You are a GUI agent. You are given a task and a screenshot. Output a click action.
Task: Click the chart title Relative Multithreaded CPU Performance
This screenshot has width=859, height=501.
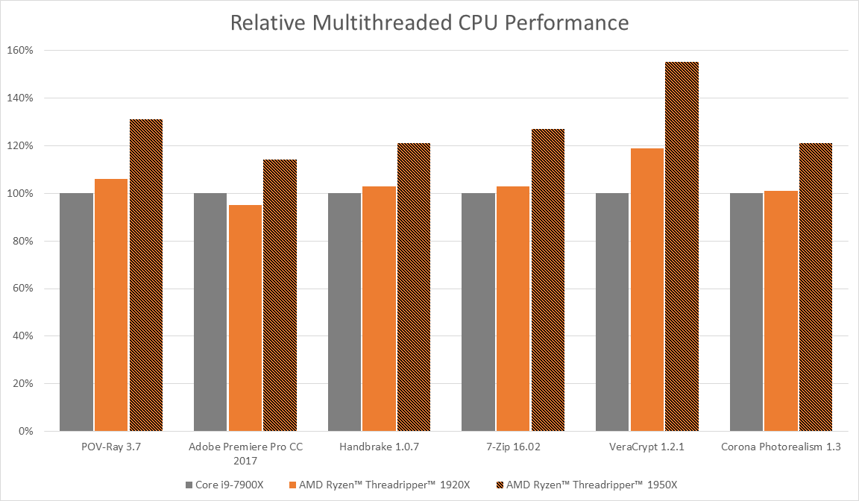tap(429, 22)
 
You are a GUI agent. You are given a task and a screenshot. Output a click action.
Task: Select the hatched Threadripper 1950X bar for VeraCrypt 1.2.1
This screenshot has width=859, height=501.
tap(682, 246)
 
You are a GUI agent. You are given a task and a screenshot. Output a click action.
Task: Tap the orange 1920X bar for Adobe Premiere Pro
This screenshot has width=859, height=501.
tap(245, 318)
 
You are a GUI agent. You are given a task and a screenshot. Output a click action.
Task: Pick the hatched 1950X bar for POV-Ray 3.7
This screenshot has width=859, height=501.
tap(145, 275)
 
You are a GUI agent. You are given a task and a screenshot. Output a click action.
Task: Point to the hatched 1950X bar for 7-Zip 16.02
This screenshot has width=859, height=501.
tap(547, 280)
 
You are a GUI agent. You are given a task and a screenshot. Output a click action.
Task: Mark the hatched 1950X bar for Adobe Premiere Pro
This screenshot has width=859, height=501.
tap(280, 295)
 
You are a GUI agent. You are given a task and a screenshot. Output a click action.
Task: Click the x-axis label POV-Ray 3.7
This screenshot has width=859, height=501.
tap(110, 447)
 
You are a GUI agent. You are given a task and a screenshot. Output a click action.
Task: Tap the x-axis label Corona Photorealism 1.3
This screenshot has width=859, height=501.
tap(780, 447)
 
